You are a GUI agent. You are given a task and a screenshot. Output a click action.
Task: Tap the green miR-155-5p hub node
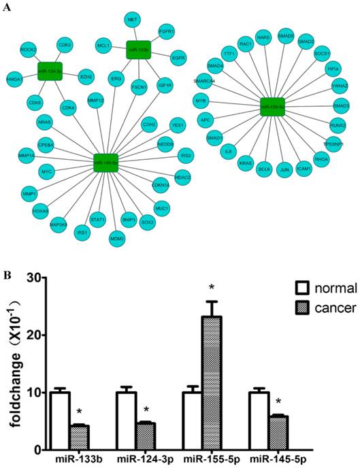tap(272, 106)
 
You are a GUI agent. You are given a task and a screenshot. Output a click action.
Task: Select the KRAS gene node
tap(246, 163)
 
